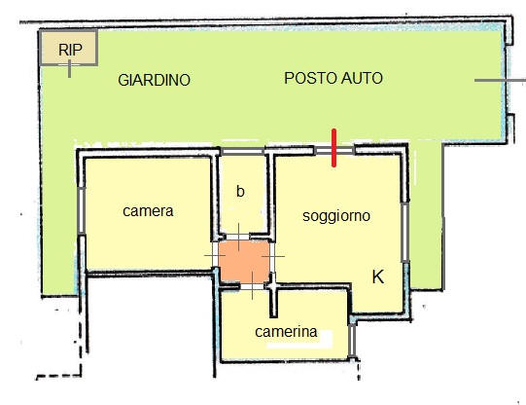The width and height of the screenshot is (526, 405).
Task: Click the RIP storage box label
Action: [x=70, y=50]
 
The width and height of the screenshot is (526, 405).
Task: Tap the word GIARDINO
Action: [x=154, y=80]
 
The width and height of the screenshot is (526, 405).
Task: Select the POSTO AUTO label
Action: [x=333, y=78]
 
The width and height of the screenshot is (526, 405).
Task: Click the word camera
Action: [x=148, y=211]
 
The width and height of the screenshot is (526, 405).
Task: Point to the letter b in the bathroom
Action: [x=240, y=192]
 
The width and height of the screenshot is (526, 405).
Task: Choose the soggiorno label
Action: [x=336, y=216]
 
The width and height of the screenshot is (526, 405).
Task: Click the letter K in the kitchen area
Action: [x=378, y=277]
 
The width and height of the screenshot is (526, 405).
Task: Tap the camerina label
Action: [x=286, y=332]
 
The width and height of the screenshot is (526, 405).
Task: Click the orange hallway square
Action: [x=244, y=261]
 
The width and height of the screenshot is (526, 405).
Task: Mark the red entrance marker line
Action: [x=333, y=148]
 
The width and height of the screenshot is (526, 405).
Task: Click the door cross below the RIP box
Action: [x=69, y=68]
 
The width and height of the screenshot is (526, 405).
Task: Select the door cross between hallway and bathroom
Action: [x=238, y=238]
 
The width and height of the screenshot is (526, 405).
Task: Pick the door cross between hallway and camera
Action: [x=215, y=256]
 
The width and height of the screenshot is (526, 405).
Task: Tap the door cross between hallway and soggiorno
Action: [x=273, y=257]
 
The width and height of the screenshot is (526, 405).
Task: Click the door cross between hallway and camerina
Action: [x=252, y=286]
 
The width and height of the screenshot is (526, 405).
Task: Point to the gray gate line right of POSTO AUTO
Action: [x=500, y=80]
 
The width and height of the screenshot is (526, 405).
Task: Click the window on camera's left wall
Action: [x=81, y=210]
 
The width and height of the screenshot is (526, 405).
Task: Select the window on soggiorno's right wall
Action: [x=405, y=232]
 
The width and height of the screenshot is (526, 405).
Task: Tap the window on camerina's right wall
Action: [x=352, y=341]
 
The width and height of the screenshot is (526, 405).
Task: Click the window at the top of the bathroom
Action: [x=242, y=152]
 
